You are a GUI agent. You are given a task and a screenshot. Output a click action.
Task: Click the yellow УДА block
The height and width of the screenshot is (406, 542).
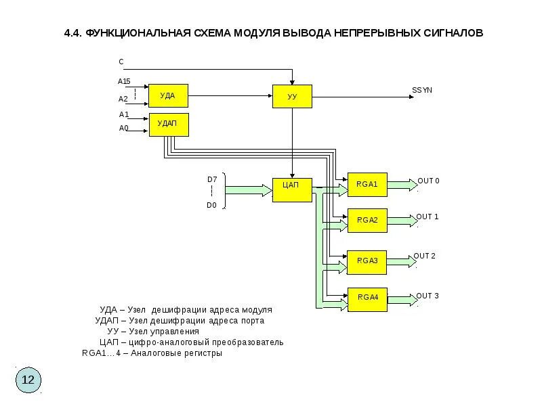click(x=168, y=95)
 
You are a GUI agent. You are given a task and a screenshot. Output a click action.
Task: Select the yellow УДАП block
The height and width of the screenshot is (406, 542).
click(x=168, y=125)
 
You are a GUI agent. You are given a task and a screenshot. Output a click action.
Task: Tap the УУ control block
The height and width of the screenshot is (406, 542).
click(x=292, y=97)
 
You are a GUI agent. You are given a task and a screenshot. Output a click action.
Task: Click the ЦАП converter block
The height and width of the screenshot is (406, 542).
click(x=292, y=189)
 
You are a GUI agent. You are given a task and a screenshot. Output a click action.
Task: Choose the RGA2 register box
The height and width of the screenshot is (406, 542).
click(x=367, y=221)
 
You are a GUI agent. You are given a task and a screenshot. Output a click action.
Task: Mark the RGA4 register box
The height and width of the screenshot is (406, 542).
click(x=367, y=298)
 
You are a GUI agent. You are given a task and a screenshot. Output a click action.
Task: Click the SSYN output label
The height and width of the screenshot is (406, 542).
click(x=422, y=90)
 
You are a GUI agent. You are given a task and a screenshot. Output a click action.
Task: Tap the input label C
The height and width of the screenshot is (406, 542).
click(x=121, y=62)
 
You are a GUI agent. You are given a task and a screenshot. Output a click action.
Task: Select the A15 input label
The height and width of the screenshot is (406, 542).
click(x=124, y=81)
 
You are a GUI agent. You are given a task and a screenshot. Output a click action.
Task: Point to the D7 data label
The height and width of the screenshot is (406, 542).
click(x=212, y=179)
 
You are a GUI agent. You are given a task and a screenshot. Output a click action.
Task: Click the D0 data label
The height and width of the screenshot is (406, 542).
click(x=212, y=205)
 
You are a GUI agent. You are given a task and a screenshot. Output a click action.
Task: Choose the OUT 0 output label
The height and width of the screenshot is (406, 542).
click(x=428, y=181)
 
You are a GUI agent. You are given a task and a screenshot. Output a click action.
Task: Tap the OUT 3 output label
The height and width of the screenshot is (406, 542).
click(x=428, y=296)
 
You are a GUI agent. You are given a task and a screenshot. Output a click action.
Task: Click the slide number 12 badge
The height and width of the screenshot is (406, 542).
click(x=28, y=380)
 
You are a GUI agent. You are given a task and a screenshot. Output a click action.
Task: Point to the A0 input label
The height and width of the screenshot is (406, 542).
click(x=124, y=128)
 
